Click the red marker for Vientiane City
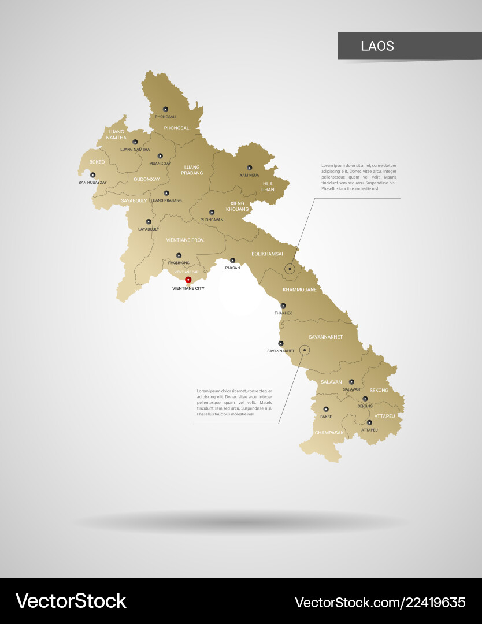188,280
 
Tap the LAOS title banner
409,46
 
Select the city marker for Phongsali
165,109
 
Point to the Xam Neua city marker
250,168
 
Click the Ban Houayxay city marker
92,174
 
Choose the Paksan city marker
233,261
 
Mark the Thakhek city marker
283,306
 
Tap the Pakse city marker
326,409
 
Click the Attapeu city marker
369,423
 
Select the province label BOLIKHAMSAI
267,254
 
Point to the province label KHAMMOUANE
299,289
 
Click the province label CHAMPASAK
329,432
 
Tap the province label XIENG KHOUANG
237,206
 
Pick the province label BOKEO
97,162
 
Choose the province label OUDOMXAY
146,179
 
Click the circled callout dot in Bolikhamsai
290,269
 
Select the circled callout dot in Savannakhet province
305,350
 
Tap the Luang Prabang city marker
166,194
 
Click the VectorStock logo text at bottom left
71,601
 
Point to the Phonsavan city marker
212,213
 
